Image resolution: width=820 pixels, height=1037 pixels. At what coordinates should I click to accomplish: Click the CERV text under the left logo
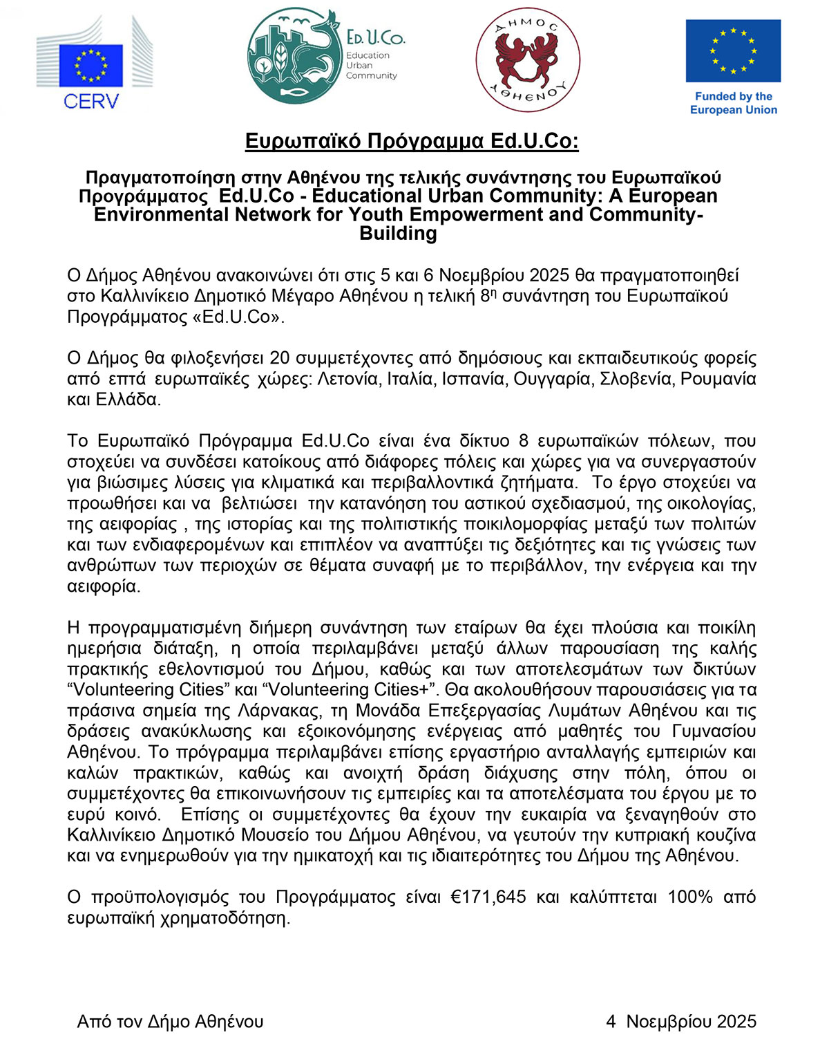coord(90,101)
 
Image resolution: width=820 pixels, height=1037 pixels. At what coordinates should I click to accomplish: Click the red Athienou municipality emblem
coord(528,60)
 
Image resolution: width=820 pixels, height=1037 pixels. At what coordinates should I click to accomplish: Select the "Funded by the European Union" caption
coord(733,103)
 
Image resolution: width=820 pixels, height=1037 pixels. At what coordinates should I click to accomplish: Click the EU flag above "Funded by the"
coord(733,50)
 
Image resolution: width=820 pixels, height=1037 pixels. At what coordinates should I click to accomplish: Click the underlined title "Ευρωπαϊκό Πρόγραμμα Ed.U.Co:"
coord(412,141)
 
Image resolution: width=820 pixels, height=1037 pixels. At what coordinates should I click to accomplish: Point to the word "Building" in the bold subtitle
coord(399,234)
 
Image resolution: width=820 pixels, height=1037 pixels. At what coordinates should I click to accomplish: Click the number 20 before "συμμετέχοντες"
coord(279,358)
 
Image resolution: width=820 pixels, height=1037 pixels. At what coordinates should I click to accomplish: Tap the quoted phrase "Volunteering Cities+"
coord(352,690)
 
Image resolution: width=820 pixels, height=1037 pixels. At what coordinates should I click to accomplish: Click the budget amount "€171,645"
coord(488,897)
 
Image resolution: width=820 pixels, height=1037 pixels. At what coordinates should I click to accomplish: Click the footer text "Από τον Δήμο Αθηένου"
coord(170,1022)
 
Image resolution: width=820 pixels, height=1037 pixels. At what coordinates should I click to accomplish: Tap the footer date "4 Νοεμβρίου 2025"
coord(680,1022)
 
